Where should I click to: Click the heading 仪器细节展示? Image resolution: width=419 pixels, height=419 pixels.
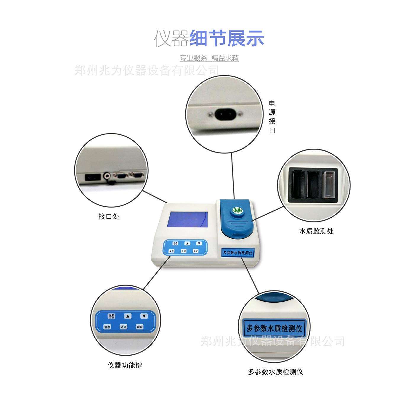tap(209, 38)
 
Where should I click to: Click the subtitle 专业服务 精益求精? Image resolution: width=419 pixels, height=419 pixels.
tap(209, 58)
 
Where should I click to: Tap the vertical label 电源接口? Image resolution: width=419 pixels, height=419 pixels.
tap(272, 117)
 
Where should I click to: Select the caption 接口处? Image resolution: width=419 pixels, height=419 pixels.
tap(109, 217)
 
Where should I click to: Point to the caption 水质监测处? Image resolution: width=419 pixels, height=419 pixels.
tap(316, 231)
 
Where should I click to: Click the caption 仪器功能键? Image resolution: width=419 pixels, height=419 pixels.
tap(125, 365)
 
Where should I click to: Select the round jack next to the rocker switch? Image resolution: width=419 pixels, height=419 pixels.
tap(107, 176)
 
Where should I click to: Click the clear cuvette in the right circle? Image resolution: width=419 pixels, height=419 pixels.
tap(329, 184)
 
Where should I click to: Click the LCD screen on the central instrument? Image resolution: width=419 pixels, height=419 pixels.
tap(187, 219)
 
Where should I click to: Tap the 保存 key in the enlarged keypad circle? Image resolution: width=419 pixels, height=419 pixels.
tap(107, 327)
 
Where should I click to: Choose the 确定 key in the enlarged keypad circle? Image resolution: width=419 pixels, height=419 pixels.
tap(140, 327)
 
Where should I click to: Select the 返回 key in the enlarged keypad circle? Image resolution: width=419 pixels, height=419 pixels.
tap(123, 327)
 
